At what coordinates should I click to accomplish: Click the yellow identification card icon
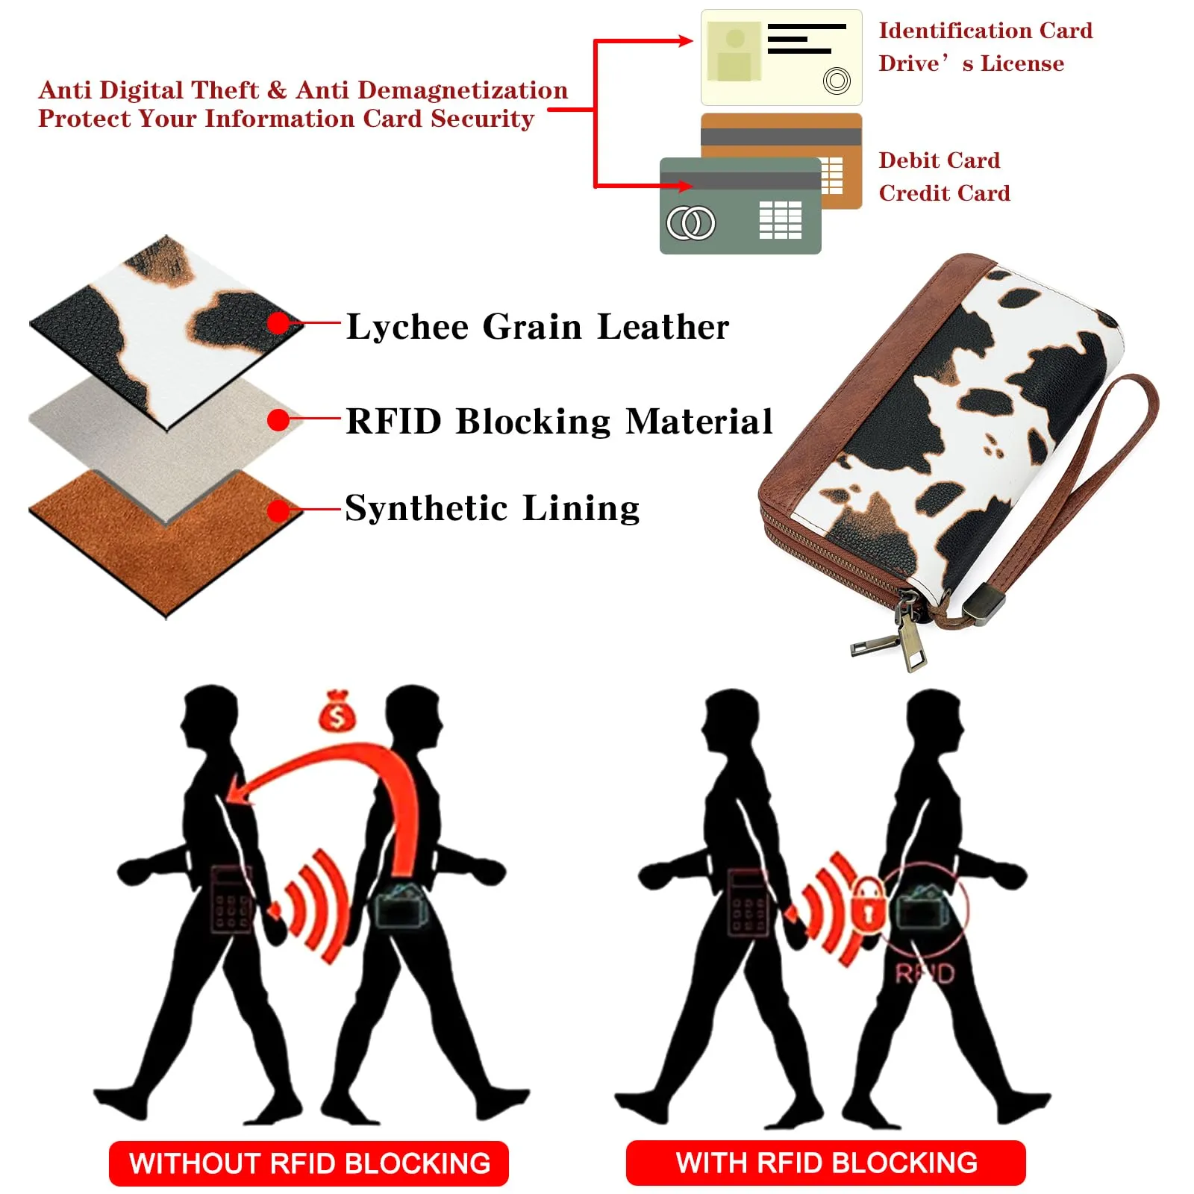(781, 57)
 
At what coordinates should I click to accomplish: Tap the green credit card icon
(740, 206)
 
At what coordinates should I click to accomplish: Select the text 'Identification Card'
(985, 31)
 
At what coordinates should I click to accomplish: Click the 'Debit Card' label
(939, 160)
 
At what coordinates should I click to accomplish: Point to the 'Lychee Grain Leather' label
(537, 327)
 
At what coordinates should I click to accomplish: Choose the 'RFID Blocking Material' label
(559, 421)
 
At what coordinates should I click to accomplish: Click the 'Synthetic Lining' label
(493, 508)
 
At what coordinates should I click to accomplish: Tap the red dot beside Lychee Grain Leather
(278, 323)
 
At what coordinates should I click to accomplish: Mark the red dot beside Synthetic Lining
(278, 510)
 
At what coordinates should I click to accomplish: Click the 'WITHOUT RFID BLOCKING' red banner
(309, 1163)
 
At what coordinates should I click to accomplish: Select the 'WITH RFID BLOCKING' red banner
(826, 1163)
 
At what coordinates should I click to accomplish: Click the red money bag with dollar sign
(337, 711)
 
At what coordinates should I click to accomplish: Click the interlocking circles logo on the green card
(691, 222)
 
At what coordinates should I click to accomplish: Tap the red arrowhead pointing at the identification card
(684, 40)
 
